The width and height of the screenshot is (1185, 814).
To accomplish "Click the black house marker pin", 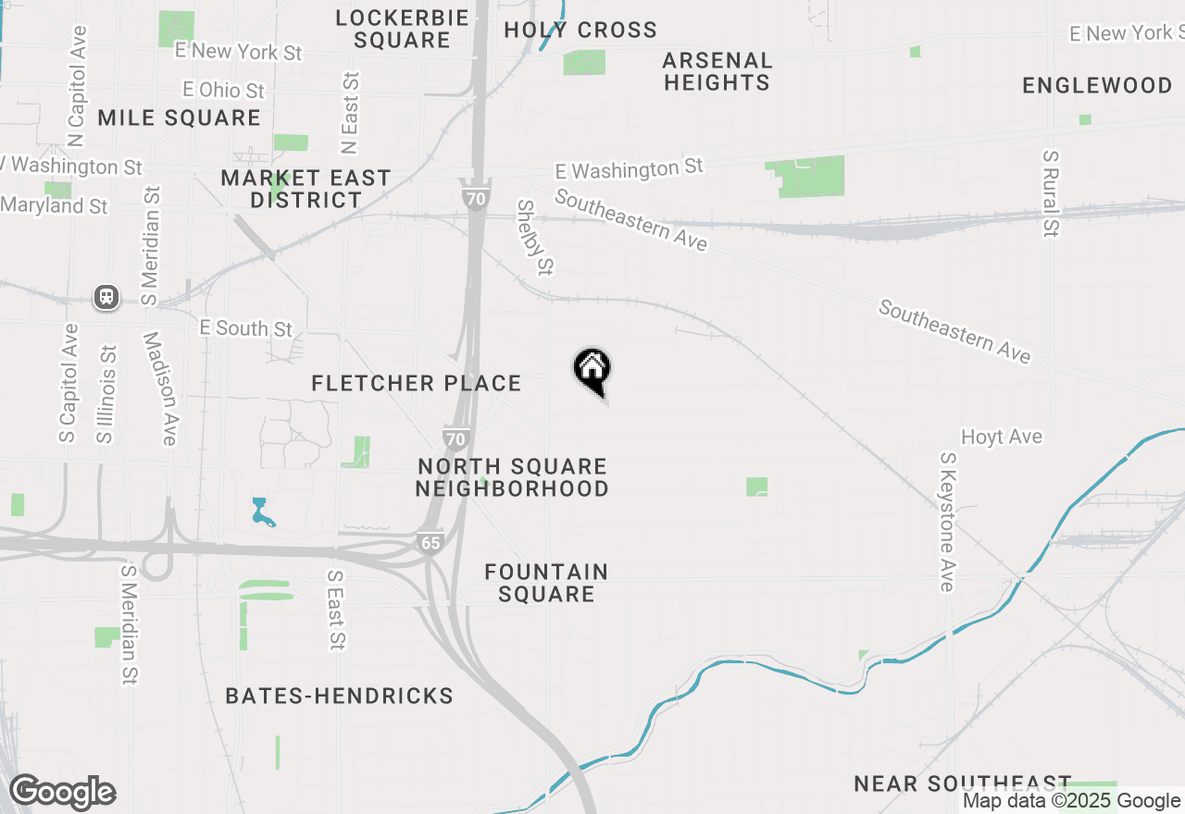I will click(x=592, y=371).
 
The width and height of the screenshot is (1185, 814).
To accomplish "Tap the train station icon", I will click(x=107, y=297).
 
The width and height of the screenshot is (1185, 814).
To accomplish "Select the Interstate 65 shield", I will click(x=430, y=542).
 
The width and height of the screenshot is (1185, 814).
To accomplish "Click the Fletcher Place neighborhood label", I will click(x=417, y=383).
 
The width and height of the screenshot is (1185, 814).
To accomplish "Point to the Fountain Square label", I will click(x=546, y=583).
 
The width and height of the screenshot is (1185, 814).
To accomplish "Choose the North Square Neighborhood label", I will click(x=512, y=477).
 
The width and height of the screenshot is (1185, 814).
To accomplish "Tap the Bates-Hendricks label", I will click(x=340, y=696).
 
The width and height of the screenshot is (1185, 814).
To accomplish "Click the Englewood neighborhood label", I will click(x=1097, y=86).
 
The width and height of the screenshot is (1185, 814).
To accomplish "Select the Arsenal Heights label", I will click(x=717, y=71).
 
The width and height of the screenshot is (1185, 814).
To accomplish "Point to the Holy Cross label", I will click(x=580, y=30).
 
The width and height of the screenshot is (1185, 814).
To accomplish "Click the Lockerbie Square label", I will click(x=402, y=29).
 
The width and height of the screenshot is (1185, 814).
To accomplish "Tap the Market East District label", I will click(x=306, y=189).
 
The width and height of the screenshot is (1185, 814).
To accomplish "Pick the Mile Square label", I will click(x=179, y=117).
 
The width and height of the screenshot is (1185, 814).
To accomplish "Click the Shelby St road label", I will click(x=535, y=238).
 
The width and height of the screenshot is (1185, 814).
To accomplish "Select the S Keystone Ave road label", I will click(x=947, y=522).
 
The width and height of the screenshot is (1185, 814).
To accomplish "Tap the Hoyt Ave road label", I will click(x=1001, y=437).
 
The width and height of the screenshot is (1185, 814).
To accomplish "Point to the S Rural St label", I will click(x=1049, y=194).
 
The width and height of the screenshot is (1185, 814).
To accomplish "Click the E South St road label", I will click(x=246, y=328).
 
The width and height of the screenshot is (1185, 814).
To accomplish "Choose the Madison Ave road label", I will click(x=159, y=388).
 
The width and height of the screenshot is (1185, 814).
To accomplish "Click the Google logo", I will click(x=62, y=792).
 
